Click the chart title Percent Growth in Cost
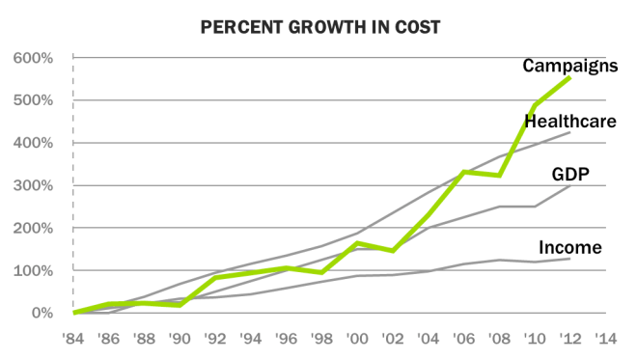tap(319, 27)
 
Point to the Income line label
tap(570, 248)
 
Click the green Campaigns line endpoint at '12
tap(570, 78)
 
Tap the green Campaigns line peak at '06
tap(464, 172)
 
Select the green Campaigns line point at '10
tap(535, 104)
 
